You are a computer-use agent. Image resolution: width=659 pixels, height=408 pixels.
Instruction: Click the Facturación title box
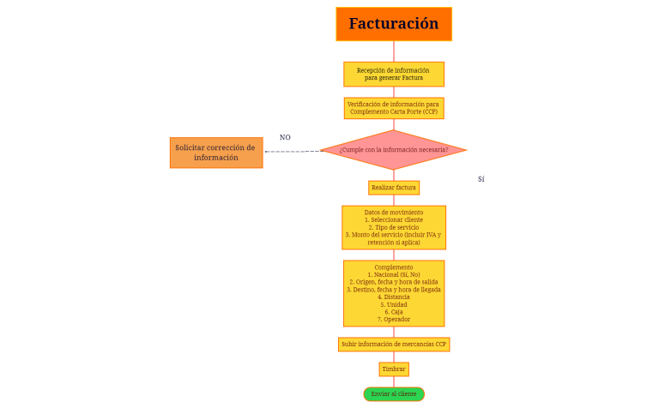pyautogui.click(x=393, y=24)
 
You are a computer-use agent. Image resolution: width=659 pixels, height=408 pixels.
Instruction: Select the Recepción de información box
pyautogui.click(x=393, y=74)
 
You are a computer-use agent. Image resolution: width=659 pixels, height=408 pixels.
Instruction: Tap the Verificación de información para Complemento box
pyautogui.click(x=393, y=108)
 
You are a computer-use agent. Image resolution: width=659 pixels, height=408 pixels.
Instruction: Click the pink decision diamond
pyautogui.click(x=393, y=150)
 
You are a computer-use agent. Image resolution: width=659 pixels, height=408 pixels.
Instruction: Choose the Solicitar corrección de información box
pyautogui.click(x=215, y=153)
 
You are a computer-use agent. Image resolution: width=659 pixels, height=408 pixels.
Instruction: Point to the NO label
pyautogui.click(x=285, y=137)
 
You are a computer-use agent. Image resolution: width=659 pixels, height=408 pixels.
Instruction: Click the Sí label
pyautogui.click(x=481, y=179)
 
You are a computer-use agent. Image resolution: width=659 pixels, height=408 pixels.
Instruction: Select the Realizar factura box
pyautogui.click(x=394, y=187)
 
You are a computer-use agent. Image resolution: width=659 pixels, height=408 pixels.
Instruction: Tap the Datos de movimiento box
pyautogui.click(x=394, y=227)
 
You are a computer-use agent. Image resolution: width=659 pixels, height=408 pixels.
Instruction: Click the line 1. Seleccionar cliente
pyautogui.click(x=394, y=219)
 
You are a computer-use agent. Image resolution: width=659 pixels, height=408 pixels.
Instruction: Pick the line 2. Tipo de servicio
pyautogui.click(x=394, y=227)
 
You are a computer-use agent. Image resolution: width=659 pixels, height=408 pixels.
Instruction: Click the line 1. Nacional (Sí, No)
pyautogui.click(x=394, y=274)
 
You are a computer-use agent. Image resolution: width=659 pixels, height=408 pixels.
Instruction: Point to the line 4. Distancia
pyautogui.click(x=394, y=297)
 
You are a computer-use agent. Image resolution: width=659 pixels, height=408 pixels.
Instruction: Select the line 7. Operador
pyautogui.click(x=394, y=320)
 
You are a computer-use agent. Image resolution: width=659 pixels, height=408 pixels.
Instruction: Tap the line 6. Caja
pyautogui.click(x=394, y=312)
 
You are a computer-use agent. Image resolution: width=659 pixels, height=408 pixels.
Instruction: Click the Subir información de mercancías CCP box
pyautogui.click(x=394, y=345)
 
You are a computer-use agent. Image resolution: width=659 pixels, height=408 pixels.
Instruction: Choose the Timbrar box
pyautogui.click(x=394, y=369)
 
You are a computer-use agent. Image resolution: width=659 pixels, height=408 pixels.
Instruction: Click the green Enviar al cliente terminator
pyautogui.click(x=394, y=394)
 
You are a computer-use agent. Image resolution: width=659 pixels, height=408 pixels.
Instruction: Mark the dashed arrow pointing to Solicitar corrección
pyautogui.click(x=292, y=152)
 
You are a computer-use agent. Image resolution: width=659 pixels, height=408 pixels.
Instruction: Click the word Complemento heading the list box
pyautogui.click(x=394, y=267)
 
